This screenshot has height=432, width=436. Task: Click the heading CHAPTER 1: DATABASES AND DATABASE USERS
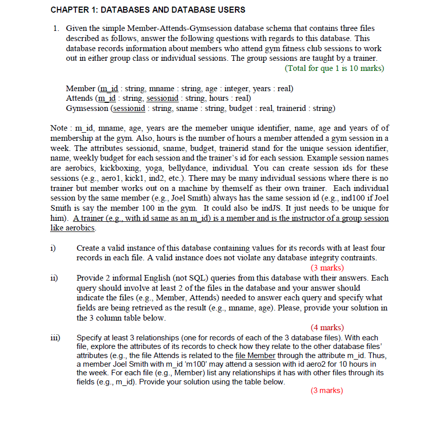pos(148,10)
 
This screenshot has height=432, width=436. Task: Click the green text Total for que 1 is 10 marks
pos(335,68)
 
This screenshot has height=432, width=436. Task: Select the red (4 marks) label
pos(327,328)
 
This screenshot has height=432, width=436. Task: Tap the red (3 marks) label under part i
pos(327,267)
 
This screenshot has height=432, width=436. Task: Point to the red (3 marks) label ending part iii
pos(327,390)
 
